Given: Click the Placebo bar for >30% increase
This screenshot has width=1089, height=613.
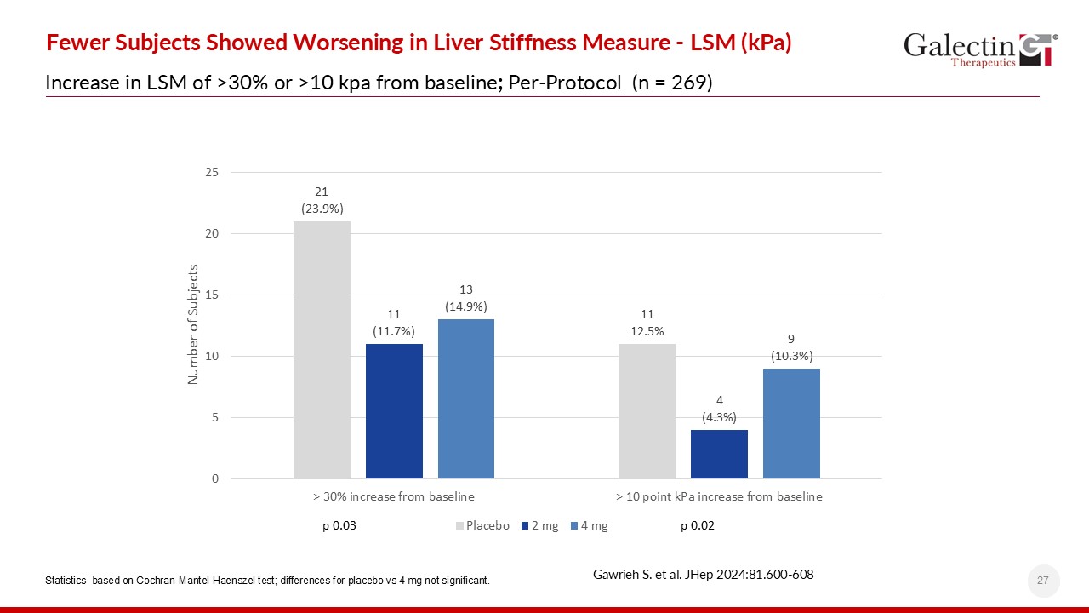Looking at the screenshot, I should [x=322, y=349].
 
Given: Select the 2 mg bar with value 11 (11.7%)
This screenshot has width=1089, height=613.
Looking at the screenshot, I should [x=394, y=410].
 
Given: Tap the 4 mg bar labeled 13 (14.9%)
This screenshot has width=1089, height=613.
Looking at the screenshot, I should [x=466, y=398].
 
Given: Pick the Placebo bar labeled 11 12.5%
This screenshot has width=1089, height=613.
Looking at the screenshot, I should [x=647, y=410].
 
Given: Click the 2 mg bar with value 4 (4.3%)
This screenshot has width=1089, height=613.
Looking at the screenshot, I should [x=719, y=454].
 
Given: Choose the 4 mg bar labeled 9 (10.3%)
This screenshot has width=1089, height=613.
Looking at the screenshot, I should [x=791, y=423].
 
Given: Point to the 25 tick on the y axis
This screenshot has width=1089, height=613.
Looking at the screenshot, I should [x=211, y=173].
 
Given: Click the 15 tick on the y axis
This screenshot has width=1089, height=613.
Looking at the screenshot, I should [x=211, y=295].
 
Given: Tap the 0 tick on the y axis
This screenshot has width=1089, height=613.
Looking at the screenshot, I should [x=214, y=478].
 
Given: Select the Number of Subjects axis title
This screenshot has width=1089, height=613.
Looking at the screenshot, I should [x=193, y=324].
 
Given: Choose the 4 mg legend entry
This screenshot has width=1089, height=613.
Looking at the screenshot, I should [x=588, y=526].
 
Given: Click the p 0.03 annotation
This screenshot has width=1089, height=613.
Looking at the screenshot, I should [x=339, y=526].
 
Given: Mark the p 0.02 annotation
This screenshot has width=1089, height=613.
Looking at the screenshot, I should [x=698, y=526].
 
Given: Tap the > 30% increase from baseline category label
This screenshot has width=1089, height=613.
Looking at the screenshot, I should [x=393, y=496].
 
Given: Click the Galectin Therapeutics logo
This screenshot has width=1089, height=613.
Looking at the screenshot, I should [x=980, y=49].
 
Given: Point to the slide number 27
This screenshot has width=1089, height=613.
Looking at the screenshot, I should [x=1043, y=581].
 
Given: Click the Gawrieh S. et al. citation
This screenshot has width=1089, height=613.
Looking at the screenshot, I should [x=703, y=575].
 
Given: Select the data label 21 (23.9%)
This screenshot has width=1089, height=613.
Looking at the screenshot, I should [x=322, y=200].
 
